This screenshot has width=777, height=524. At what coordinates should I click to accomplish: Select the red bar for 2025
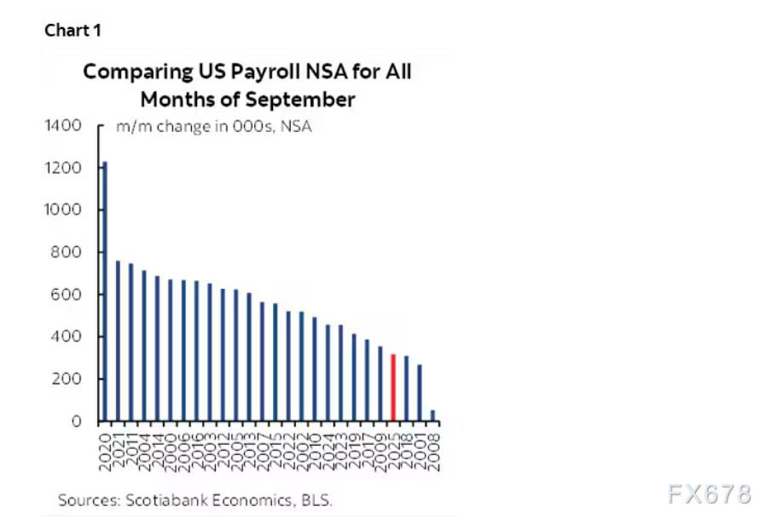click(x=392, y=388)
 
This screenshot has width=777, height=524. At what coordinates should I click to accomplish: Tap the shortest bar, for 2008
click(x=432, y=416)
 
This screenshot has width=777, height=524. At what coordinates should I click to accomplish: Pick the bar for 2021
click(x=118, y=341)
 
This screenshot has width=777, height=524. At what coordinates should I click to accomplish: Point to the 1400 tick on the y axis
click(x=63, y=126)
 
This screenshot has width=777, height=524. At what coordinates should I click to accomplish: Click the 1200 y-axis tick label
click(x=63, y=168)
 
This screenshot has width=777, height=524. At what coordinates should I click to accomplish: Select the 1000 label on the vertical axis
click(x=63, y=210)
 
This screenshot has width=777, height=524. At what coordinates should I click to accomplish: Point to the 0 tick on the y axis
click(x=77, y=421)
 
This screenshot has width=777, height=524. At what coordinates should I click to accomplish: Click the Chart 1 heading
click(x=72, y=31)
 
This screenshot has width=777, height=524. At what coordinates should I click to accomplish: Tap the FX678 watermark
click(x=710, y=493)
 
